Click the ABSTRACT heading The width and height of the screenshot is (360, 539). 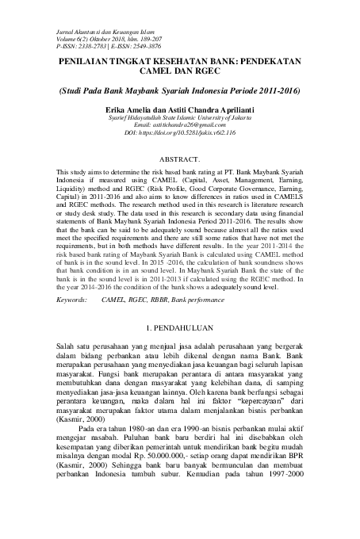[x=180, y=159]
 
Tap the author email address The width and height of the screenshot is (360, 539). [x=180, y=125]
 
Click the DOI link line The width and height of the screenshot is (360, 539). [x=180, y=132]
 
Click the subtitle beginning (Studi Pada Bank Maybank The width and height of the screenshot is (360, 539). [x=180, y=90]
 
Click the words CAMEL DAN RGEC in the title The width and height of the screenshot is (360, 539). [x=180, y=70]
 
